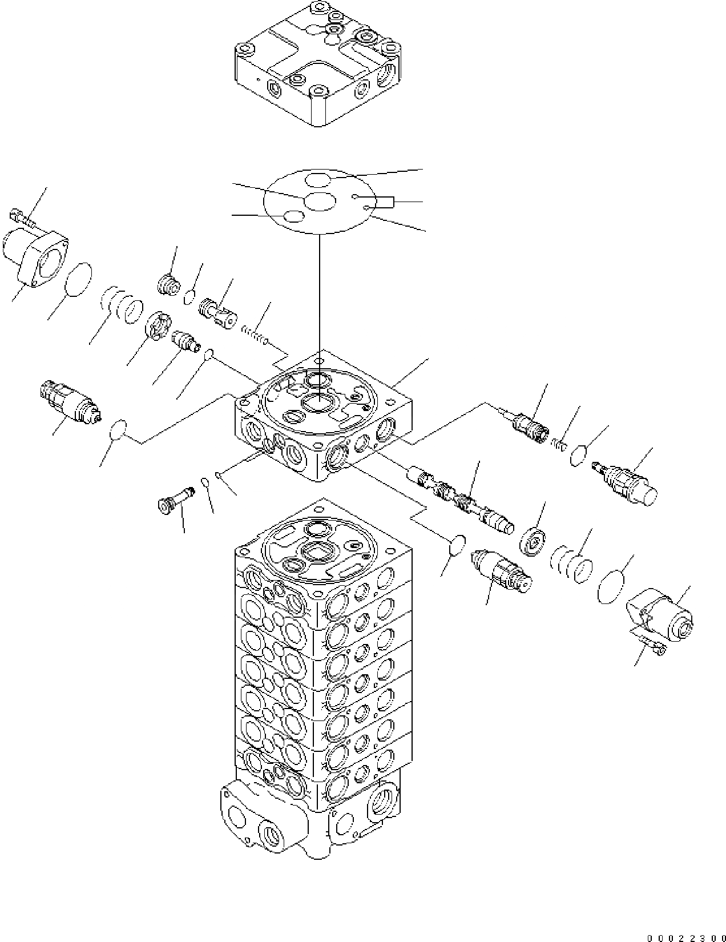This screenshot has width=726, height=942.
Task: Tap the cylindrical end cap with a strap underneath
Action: click(661, 614)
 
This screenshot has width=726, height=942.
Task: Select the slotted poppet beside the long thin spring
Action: click(217, 312)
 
